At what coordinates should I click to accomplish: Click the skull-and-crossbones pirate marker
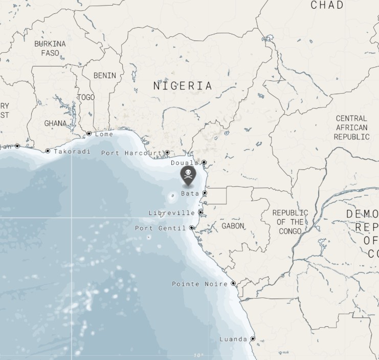[188, 175]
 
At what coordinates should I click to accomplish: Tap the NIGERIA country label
[183, 86]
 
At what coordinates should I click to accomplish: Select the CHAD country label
[327, 5]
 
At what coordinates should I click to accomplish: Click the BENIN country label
[105, 75]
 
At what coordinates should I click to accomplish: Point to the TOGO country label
[86, 97]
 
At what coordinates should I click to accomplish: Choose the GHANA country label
[55, 123]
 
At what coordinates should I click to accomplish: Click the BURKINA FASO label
[50, 48]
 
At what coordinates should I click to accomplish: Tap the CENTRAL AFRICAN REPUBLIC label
[351, 128]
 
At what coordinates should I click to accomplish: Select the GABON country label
[233, 226]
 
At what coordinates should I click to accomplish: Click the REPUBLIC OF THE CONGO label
[290, 222]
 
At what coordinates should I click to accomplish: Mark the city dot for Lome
[89, 134]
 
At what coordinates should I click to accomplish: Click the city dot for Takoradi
[48, 151]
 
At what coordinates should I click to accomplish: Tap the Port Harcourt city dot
[167, 153]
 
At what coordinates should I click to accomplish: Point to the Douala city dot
[204, 162]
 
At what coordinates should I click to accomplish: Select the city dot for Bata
[205, 193]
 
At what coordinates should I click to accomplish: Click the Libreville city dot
[200, 212]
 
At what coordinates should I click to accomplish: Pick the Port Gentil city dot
[192, 228]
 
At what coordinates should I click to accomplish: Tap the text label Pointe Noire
[199, 284]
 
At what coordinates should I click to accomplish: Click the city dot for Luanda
[253, 338]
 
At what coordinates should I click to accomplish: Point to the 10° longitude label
[198, 355]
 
